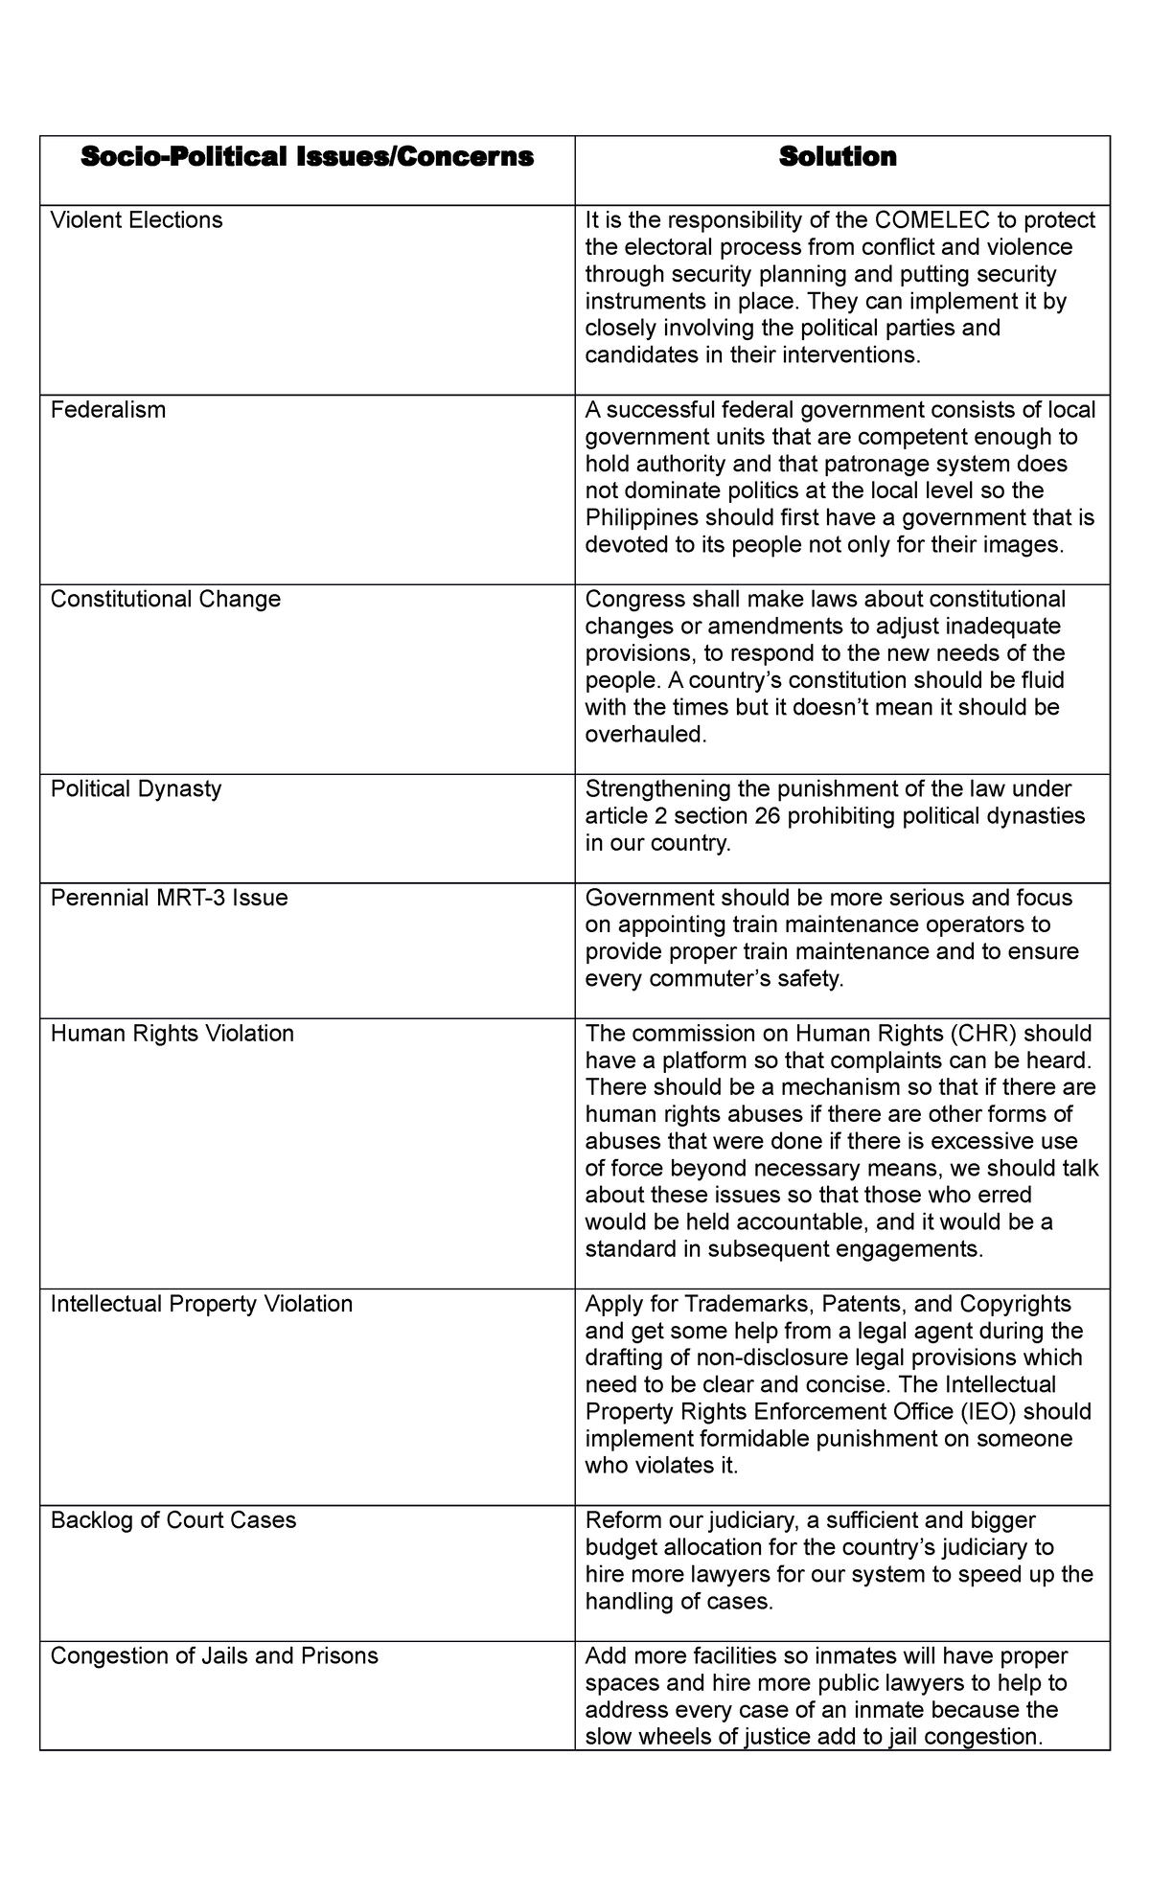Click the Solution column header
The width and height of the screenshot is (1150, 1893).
click(x=838, y=157)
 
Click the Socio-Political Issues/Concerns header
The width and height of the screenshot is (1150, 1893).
click(x=307, y=157)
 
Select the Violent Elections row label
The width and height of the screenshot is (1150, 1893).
click(x=136, y=220)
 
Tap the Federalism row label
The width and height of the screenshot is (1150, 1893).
click(x=107, y=410)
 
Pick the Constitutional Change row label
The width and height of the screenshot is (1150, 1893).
click(x=165, y=600)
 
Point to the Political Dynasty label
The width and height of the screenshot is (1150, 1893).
click(x=135, y=789)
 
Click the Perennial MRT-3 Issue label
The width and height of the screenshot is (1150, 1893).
click(x=169, y=899)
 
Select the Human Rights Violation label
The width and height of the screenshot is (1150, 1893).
click(x=172, y=1034)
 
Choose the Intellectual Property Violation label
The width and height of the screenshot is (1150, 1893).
click(x=201, y=1304)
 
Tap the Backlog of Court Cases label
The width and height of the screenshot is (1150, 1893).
click(x=172, y=1520)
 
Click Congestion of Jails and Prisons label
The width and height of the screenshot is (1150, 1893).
click(x=214, y=1656)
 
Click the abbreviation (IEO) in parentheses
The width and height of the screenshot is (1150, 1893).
click(x=987, y=1412)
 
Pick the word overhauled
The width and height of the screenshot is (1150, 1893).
click(x=644, y=735)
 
